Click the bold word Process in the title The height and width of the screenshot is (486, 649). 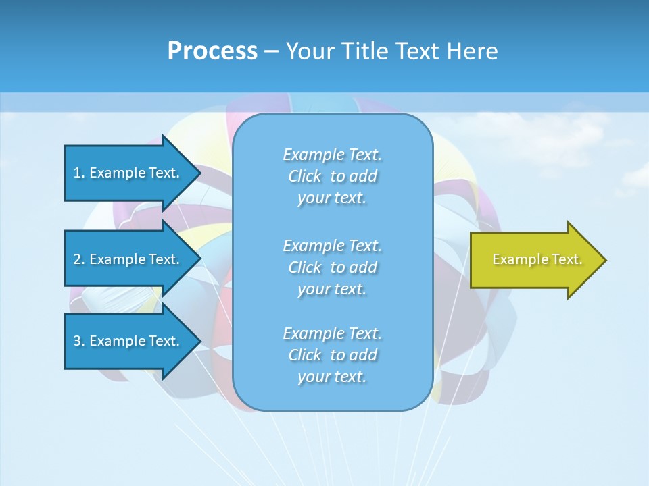pyautogui.click(x=212, y=51)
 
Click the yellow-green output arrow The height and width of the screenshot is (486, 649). pyautogui.click(x=534, y=260)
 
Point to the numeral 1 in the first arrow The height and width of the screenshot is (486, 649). pyautogui.click(x=77, y=173)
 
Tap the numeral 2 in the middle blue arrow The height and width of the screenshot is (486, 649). pyautogui.click(x=77, y=259)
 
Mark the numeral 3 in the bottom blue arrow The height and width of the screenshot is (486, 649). pyautogui.click(x=77, y=341)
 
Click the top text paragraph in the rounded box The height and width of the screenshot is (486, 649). pyautogui.click(x=333, y=176)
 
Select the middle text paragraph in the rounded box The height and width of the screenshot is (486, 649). pyautogui.click(x=333, y=267)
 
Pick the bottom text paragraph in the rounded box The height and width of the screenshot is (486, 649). pyautogui.click(x=333, y=355)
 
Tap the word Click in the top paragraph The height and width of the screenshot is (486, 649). pyautogui.click(x=305, y=176)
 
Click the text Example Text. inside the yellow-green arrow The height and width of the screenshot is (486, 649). pyautogui.click(x=537, y=259)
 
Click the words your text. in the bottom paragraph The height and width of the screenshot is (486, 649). pyautogui.click(x=332, y=377)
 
